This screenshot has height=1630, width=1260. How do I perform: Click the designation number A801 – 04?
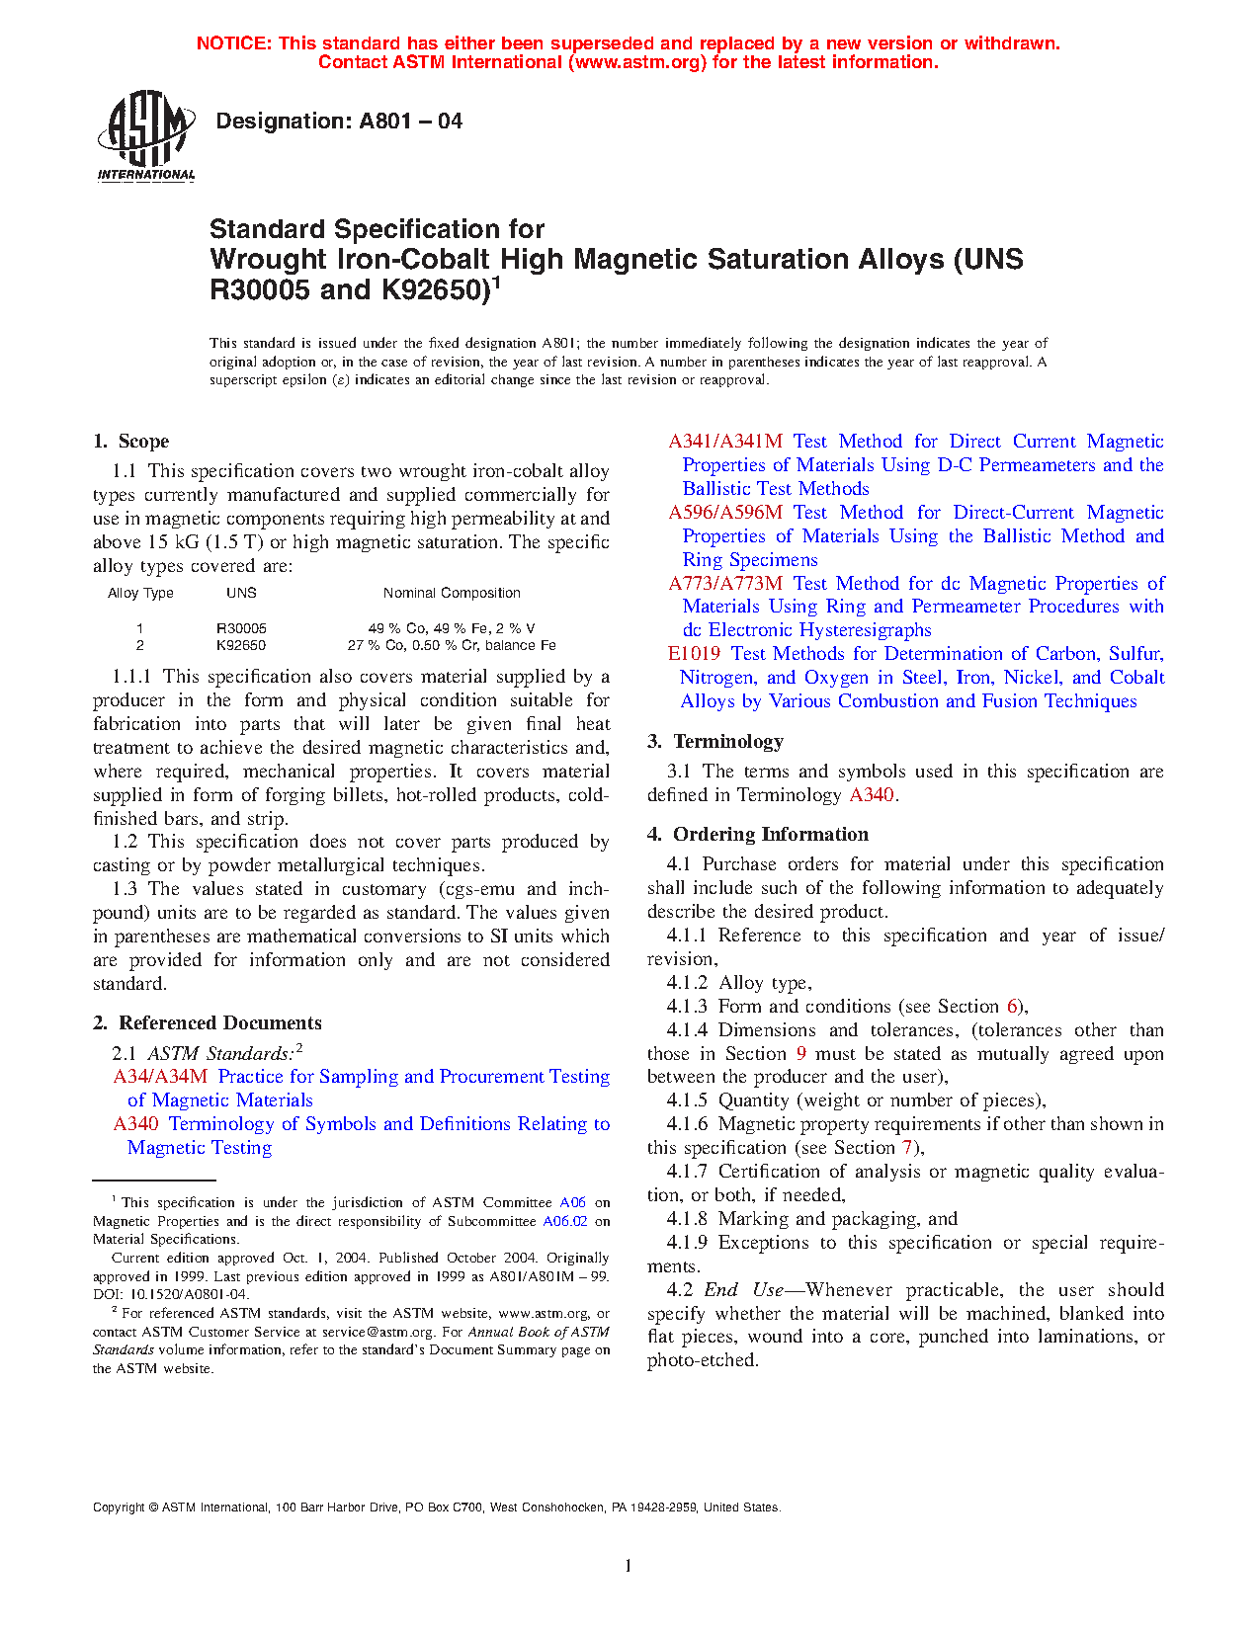tap(410, 122)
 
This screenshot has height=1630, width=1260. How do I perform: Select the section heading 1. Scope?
tap(131, 442)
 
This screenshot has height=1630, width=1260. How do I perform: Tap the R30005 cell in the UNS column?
tap(241, 628)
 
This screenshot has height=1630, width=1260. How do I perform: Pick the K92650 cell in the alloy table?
tap(241, 645)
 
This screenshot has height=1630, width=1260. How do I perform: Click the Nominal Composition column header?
tap(452, 593)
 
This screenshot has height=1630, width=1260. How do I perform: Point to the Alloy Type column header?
tap(140, 593)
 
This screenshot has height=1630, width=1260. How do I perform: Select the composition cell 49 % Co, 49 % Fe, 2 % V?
tap(452, 628)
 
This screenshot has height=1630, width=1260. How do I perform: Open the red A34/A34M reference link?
tap(160, 1077)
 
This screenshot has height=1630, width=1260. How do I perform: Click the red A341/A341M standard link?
tap(725, 442)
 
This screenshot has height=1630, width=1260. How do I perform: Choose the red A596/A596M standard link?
tap(725, 513)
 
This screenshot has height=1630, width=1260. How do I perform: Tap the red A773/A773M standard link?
tap(725, 584)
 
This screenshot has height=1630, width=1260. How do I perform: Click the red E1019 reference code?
tap(694, 654)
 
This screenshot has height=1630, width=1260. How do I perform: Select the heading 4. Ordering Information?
tap(758, 835)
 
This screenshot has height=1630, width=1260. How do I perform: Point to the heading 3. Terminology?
tap(715, 742)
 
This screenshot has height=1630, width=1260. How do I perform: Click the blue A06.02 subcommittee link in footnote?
tap(565, 1221)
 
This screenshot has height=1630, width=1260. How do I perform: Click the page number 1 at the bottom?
tap(629, 1566)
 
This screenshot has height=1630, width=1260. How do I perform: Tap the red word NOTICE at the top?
tap(233, 43)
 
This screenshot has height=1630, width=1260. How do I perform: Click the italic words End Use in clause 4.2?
tap(743, 1290)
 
